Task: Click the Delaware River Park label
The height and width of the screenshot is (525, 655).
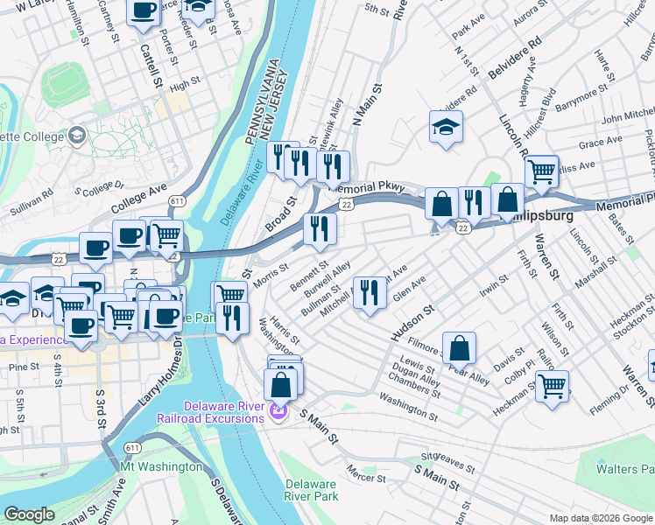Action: pyautogui.click(x=312, y=490)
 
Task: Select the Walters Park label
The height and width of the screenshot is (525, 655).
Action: pyautogui.click(x=624, y=469)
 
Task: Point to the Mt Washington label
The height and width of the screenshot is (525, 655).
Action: pyautogui.click(x=161, y=466)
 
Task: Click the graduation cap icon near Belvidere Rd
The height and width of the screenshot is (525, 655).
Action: pyautogui.click(x=446, y=128)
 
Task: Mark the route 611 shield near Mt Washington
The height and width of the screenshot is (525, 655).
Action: pyautogui.click(x=132, y=447)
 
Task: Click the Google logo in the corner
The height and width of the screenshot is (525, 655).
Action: pyautogui.click(x=29, y=514)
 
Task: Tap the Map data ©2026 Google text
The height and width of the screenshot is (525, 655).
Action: pyautogui.click(x=601, y=518)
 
